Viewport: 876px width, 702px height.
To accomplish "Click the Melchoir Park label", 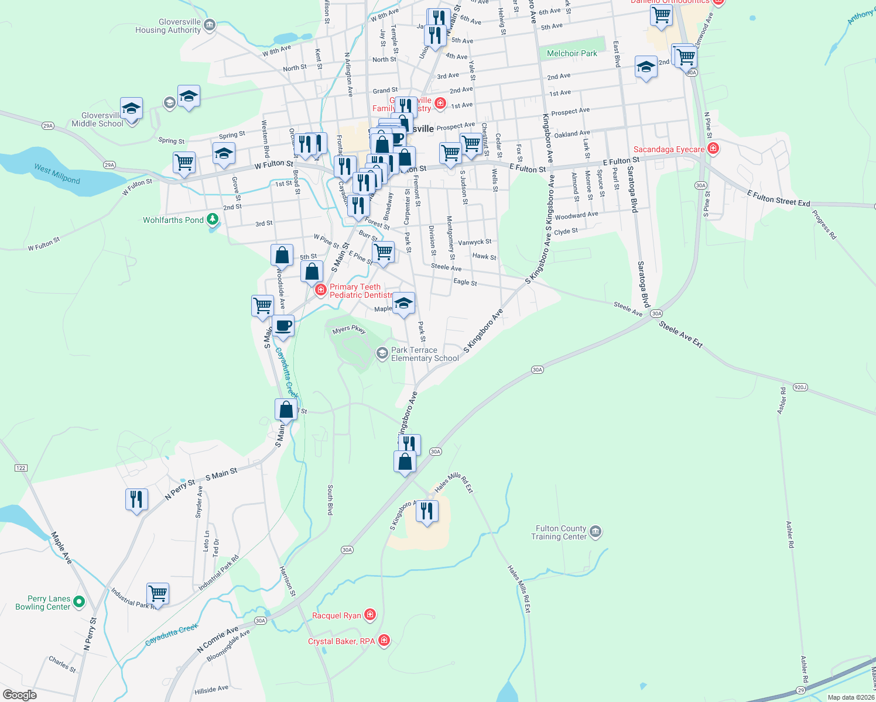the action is [x=572, y=53].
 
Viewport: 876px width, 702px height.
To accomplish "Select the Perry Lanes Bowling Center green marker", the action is [x=79, y=601].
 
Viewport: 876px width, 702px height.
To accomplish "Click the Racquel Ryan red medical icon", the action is [x=369, y=615].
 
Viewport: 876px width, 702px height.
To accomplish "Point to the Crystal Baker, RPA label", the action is [x=341, y=641].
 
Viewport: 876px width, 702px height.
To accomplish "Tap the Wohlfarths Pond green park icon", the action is [x=213, y=219].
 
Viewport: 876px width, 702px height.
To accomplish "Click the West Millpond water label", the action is [x=57, y=174].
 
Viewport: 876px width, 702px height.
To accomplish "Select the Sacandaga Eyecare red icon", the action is [x=713, y=149].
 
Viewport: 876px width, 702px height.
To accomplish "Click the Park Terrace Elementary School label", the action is [x=425, y=354].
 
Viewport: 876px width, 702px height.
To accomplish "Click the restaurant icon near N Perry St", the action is [x=136, y=500].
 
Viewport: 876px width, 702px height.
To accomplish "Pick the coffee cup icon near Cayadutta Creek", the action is [x=283, y=326].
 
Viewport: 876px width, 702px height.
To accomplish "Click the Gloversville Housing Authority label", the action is [x=168, y=26].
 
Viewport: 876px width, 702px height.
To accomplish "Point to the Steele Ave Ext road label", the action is [x=680, y=334].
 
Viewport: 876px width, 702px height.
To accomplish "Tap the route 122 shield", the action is [x=21, y=468].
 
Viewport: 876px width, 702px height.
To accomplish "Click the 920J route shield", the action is [x=800, y=387].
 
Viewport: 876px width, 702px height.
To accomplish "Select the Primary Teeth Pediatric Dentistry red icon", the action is [x=320, y=290].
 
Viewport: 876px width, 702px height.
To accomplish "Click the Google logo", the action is [x=20, y=695].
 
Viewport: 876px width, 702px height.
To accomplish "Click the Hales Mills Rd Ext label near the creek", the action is [x=519, y=589].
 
